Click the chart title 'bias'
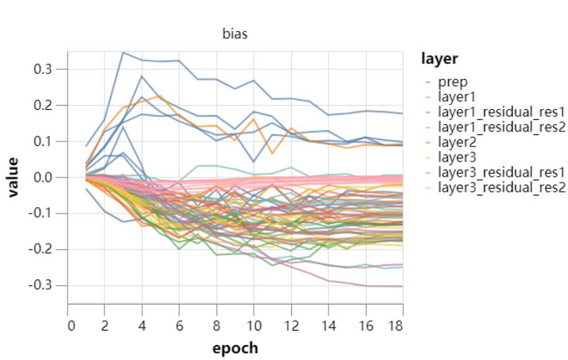point(235,34)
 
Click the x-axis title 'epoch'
point(235,349)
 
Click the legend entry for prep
point(453,81)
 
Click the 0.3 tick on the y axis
point(46,69)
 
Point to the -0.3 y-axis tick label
point(44,285)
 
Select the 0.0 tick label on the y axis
point(46,177)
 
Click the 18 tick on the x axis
point(395,324)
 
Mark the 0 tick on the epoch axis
point(71,324)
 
